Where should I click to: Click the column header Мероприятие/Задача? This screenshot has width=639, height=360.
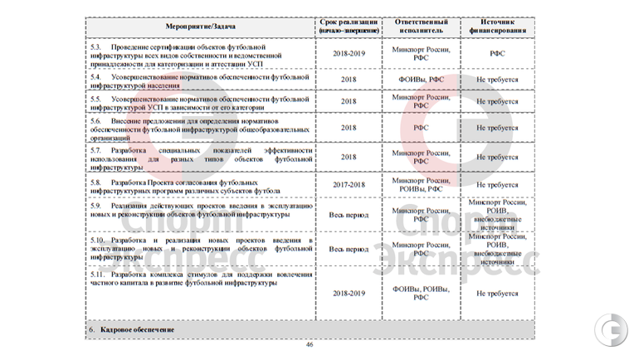(200, 27)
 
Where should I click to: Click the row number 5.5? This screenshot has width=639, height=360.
(95, 98)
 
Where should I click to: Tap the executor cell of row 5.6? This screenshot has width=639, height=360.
(422, 129)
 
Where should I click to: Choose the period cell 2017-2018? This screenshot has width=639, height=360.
(348, 185)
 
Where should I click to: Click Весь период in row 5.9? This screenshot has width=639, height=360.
(348, 214)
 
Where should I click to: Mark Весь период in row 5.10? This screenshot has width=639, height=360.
(348, 249)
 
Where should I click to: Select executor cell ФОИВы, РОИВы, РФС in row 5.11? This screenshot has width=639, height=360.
(422, 293)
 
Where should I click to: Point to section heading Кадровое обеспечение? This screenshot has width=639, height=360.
(137, 330)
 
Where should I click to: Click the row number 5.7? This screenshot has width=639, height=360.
(95, 150)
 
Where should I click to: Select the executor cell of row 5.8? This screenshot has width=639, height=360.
(422, 185)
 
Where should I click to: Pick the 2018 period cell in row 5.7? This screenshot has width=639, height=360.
(348, 156)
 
